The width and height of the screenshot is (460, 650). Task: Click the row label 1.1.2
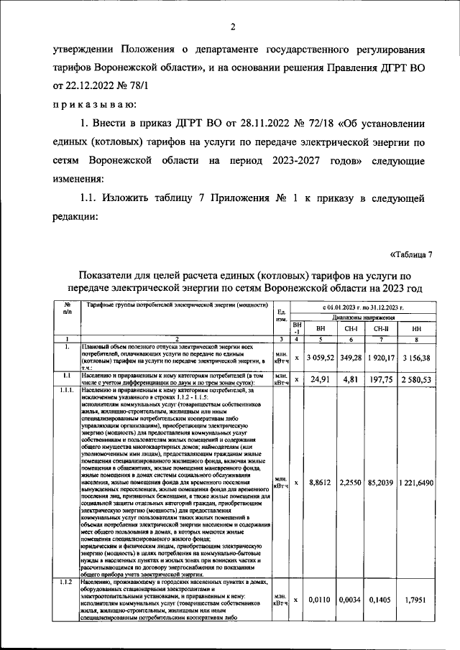point(66,582)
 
